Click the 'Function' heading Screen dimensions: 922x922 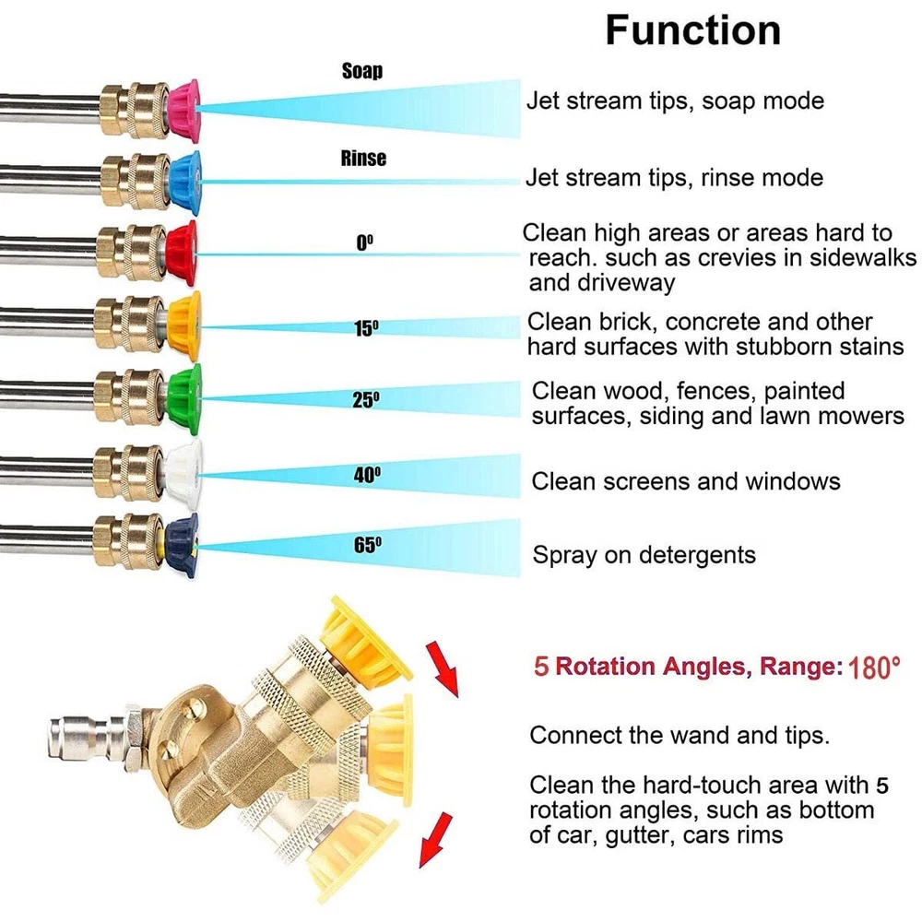(x=692, y=30)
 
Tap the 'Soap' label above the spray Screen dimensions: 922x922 (x=362, y=71)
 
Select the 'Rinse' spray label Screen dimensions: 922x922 (x=363, y=159)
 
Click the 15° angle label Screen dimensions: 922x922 (x=367, y=328)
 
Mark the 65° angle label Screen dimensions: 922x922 (x=367, y=545)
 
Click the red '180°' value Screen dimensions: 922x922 (x=874, y=667)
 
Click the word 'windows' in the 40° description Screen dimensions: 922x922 (x=793, y=481)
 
